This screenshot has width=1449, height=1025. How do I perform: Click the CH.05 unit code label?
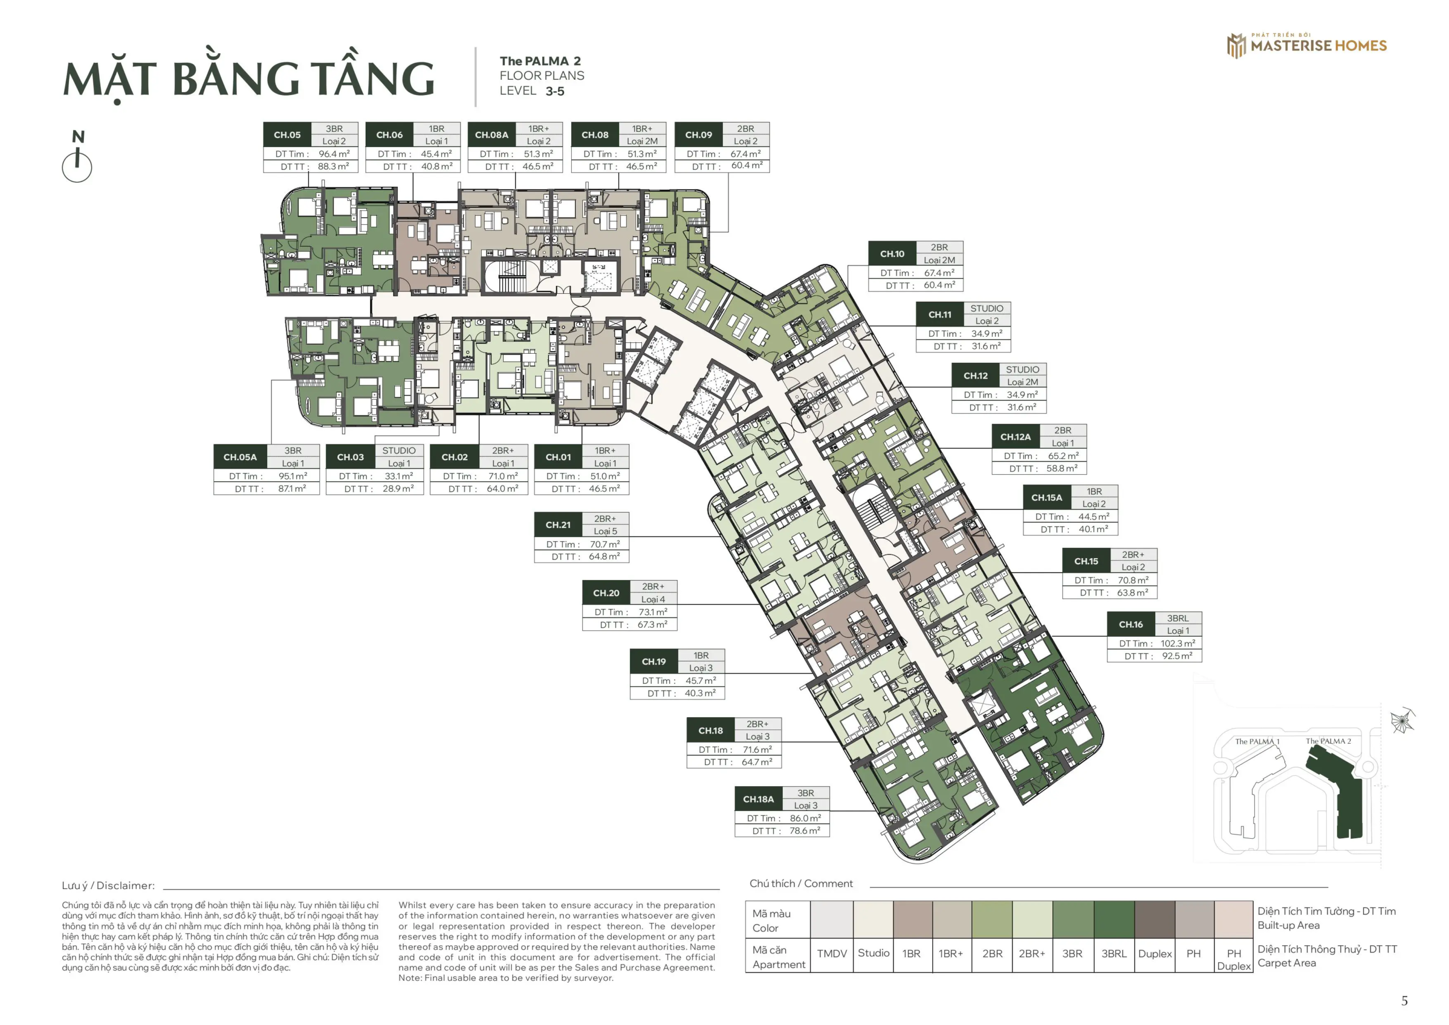pyautogui.click(x=287, y=135)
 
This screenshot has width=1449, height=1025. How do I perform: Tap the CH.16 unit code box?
pyautogui.click(x=1130, y=624)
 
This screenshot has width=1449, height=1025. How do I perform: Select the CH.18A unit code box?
pyautogui.click(x=758, y=799)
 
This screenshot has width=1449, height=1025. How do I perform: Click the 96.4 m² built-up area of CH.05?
pyautogui.click(x=334, y=153)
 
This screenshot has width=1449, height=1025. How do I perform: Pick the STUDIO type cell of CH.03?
pyautogui.click(x=399, y=451)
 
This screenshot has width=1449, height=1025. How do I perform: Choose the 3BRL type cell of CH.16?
pyautogui.click(x=1178, y=618)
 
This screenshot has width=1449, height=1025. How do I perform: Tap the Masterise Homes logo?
pyautogui.click(x=1306, y=45)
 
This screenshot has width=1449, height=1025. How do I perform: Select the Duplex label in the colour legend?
pyautogui.click(x=1155, y=954)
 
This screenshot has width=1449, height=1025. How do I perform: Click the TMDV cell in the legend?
pyautogui.click(x=832, y=954)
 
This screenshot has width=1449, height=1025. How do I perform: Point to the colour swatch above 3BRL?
pyautogui.click(x=1114, y=919)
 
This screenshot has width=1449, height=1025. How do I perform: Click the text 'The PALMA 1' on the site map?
pyautogui.click(x=1257, y=741)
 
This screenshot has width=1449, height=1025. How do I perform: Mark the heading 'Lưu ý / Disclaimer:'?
pyautogui.click(x=108, y=886)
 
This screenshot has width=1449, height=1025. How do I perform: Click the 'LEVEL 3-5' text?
pyautogui.click(x=532, y=91)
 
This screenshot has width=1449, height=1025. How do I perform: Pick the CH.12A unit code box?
pyautogui.click(x=1015, y=437)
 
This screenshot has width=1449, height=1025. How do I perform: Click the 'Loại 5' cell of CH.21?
pyautogui.click(x=605, y=531)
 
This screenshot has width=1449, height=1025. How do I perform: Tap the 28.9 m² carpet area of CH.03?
pyautogui.click(x=398, y=488)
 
